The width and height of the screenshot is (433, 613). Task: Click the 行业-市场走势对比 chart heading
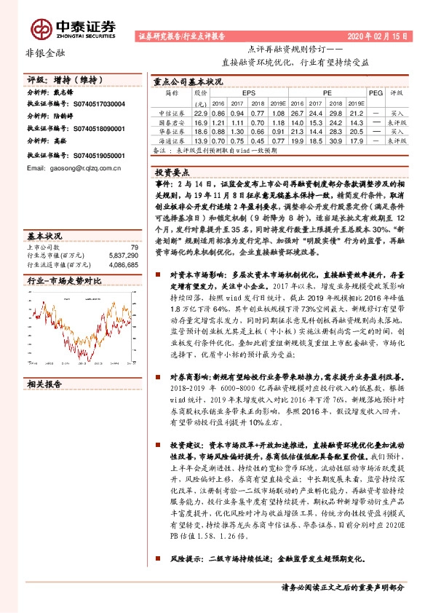64,280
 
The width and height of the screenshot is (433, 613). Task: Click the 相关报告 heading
44,383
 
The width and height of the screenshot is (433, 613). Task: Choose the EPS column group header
249,94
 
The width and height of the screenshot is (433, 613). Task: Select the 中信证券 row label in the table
171,114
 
